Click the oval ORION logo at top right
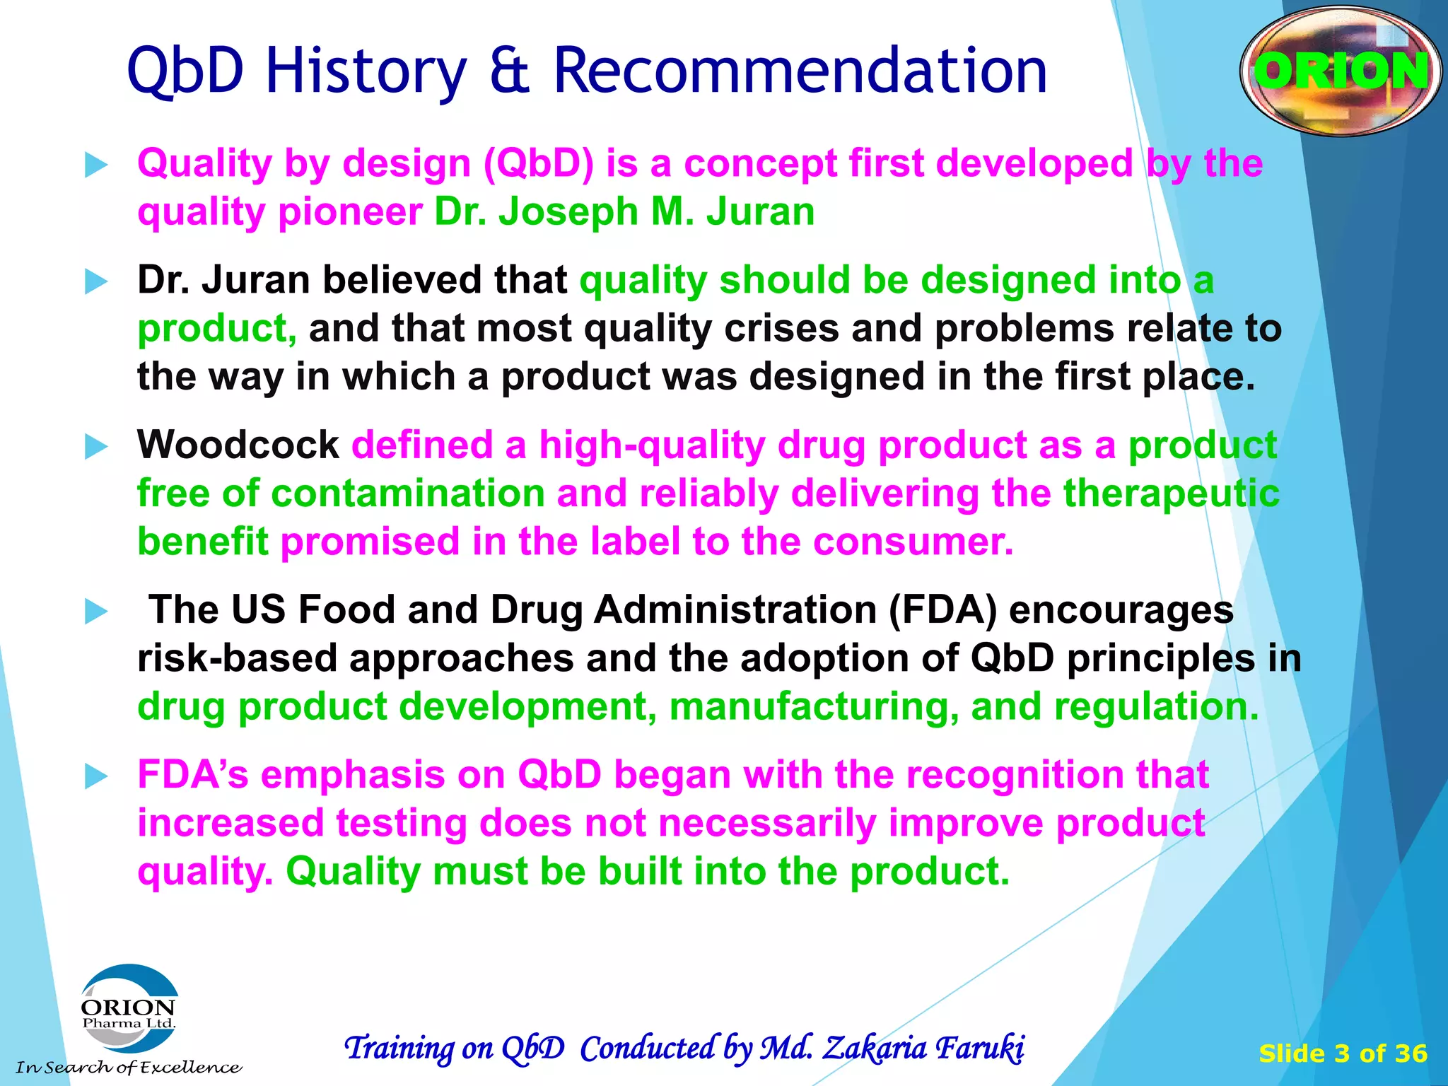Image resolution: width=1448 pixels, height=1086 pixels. point(1340,71)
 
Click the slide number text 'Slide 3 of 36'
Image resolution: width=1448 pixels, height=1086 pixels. point(1343,1053)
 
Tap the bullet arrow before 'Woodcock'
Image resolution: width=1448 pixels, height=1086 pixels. point(95,447)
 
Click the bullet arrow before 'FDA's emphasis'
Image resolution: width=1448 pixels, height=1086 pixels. point(95,776)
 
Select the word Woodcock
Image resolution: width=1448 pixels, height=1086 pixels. point(238,445)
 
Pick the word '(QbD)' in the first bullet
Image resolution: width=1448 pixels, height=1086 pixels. point(539,164)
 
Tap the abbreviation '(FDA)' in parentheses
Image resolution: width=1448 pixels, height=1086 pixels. point(942,609)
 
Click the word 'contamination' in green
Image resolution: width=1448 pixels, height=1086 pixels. point(408,493)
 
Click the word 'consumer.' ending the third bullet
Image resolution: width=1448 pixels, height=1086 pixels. point(913,542)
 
